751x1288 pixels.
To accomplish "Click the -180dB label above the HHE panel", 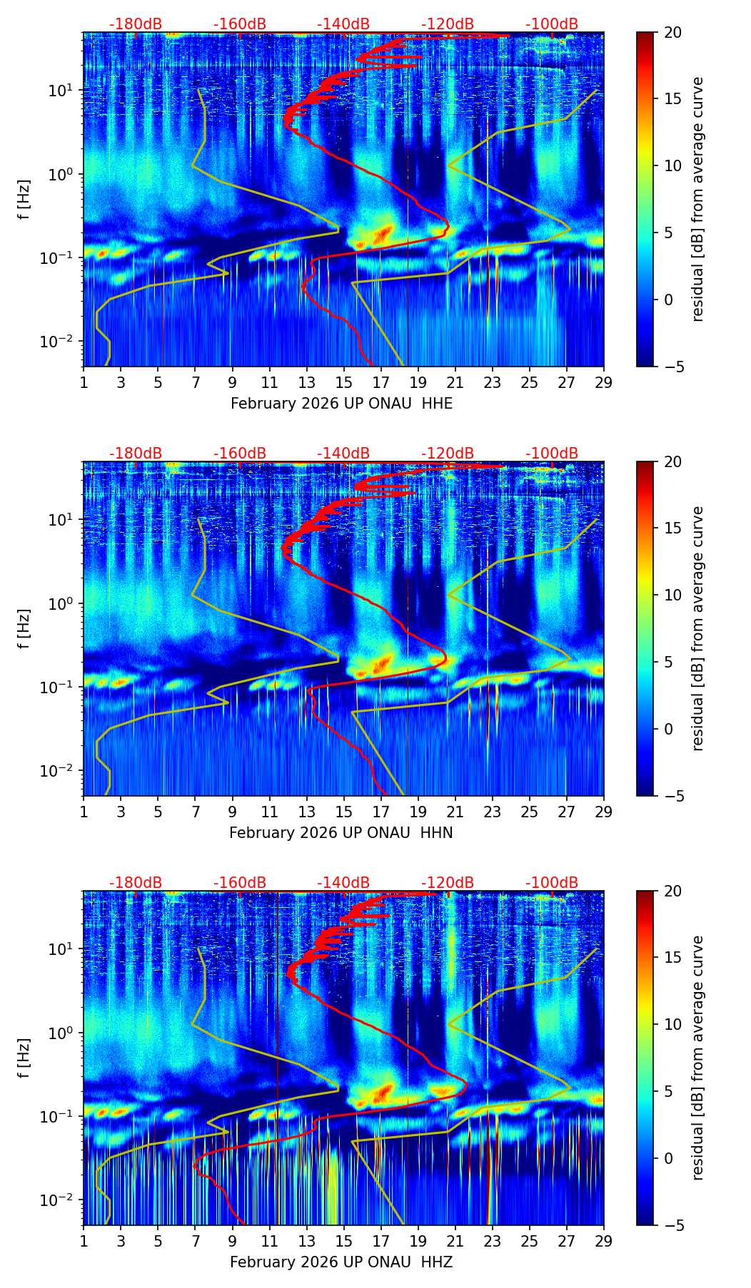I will click(x=135, y=24).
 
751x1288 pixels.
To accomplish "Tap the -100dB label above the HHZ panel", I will click(x=552, y=883).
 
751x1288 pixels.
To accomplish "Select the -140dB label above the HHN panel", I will click(x=343, y=454).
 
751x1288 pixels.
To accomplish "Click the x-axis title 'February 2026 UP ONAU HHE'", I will click(x=341, y=404).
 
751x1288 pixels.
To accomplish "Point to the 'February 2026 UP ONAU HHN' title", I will click(x=341, y=833).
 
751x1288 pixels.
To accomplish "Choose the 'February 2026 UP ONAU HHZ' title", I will click(x=341, y=1262).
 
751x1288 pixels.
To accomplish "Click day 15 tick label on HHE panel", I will click(x=343, y=382).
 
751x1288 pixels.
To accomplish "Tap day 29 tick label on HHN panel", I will click(x=603, y=812).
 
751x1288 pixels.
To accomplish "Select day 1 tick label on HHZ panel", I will click(x=84, y=1241).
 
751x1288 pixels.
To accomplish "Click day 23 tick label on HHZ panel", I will click(x=492, y=1241).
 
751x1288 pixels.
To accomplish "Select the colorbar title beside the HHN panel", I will click(x=697, y=628).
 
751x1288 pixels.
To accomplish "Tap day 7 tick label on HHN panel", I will click(x=195, y=812).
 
